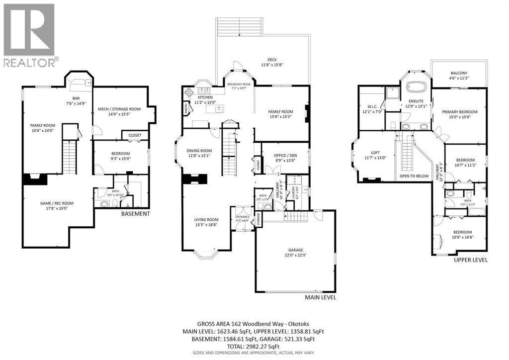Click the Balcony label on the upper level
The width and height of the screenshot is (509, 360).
[x=459, y=73]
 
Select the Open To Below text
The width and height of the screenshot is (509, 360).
[x=414, y=176]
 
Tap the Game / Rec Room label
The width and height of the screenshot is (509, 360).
[x=56, y=203]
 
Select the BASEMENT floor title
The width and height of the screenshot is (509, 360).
[x=136, y=214]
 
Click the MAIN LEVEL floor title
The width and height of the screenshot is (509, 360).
[x=321, y=297]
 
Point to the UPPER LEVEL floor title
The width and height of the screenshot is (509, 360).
[x=471, y=260]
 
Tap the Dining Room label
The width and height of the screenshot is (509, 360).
[x=199, y=151]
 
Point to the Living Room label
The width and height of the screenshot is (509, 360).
[x=206, y=219]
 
